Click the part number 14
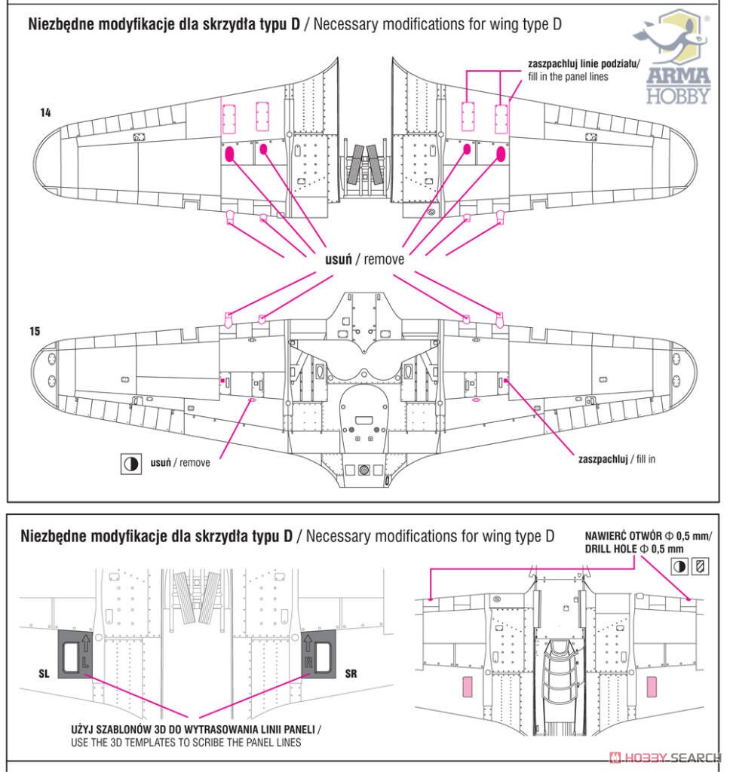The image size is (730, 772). pos(45,113)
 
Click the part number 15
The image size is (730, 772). pos(35,332)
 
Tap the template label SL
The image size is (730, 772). pos(44,673)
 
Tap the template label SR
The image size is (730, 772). pos(351,673)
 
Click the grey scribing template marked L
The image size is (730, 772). pos(75,654)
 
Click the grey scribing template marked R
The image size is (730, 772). pos(318,654)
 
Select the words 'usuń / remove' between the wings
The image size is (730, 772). pos(364,259)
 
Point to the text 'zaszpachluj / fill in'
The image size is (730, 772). pos(617,459)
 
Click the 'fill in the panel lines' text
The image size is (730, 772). pos(568,77)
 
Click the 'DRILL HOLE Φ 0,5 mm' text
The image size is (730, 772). pos(634,549)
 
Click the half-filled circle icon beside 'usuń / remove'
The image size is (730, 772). pos(131,464)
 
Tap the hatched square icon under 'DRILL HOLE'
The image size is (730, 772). pos(700,566)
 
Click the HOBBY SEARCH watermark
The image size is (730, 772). pos(665,757)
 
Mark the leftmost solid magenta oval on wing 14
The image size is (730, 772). pos(229,155)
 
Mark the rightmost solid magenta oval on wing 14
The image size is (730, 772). pos(501,154)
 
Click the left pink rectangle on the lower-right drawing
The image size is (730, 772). pos(467,687)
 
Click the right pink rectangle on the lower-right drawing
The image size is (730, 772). pos(651,687)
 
